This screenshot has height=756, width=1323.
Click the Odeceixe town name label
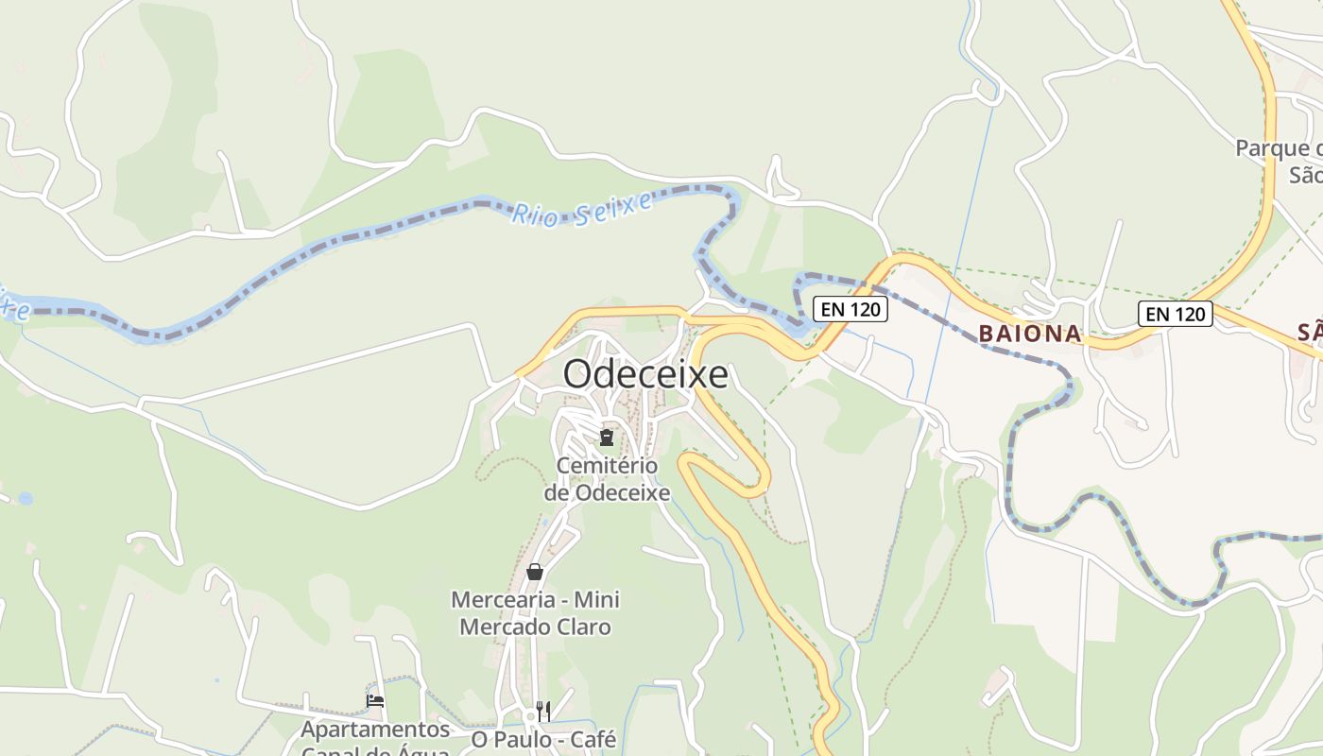coord(645,374)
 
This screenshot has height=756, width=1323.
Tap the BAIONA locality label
coord(1030,333)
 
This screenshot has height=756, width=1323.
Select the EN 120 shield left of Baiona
coord(850,309)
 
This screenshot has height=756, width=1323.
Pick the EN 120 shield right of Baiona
coord(1175,314)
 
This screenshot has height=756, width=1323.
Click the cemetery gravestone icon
coord(606,438)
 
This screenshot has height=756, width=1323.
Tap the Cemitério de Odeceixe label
coord(607,479)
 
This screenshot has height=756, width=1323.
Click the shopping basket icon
coord(535,572)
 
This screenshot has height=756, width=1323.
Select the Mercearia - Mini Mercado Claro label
coord(535,613)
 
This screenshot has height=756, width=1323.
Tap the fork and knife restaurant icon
coord(542,711)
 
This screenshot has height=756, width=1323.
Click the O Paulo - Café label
coord(543,739)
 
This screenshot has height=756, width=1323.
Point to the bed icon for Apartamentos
coord(375,701)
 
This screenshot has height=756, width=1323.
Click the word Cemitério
coord(607,465)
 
